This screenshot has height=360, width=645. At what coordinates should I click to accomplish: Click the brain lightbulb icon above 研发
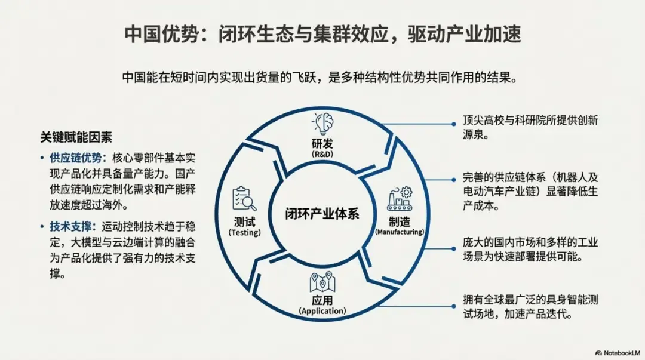point(322,124)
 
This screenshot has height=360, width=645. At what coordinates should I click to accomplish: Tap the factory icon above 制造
point(399,199)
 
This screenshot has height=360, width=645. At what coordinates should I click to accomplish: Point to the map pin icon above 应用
point(322,282)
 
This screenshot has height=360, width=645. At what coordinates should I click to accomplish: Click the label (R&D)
point(322,154)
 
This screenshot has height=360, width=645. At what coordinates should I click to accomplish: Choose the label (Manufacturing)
point(399,232)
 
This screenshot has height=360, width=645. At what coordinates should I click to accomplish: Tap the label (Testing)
point(244,232)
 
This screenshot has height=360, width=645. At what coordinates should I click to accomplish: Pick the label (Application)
point(322,311)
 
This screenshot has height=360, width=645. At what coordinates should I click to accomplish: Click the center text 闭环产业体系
point(322,213)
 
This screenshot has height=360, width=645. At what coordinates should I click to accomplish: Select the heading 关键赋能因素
point(76,137)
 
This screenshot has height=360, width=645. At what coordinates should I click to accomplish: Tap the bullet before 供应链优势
point(42,158)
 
